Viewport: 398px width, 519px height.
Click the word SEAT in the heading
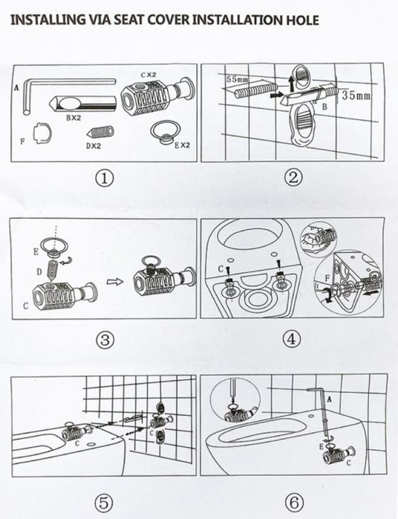[128, 20]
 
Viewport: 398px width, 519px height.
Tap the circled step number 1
[105, 179]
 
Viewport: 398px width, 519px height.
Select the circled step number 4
[292, 340]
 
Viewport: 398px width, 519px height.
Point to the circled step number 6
[293, 502]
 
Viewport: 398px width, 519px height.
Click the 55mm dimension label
[237, 79]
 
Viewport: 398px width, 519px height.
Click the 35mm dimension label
[356, 96]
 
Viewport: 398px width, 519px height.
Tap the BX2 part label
[74, 117]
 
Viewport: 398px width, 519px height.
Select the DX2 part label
[94, 145]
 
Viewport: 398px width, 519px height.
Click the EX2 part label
[182, 145]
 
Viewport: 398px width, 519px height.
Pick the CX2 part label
[148, 75]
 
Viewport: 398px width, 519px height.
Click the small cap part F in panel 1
[42, 133]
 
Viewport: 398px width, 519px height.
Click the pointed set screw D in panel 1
[100, 132]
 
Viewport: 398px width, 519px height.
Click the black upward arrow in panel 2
[292, 83]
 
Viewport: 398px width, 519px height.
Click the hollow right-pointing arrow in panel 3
[115, 282]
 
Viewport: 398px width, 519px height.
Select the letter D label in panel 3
[39, 272]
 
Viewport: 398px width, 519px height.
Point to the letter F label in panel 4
[327, 278]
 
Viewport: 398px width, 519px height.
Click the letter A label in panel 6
[329, 399]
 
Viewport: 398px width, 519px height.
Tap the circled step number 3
[105, 340]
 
